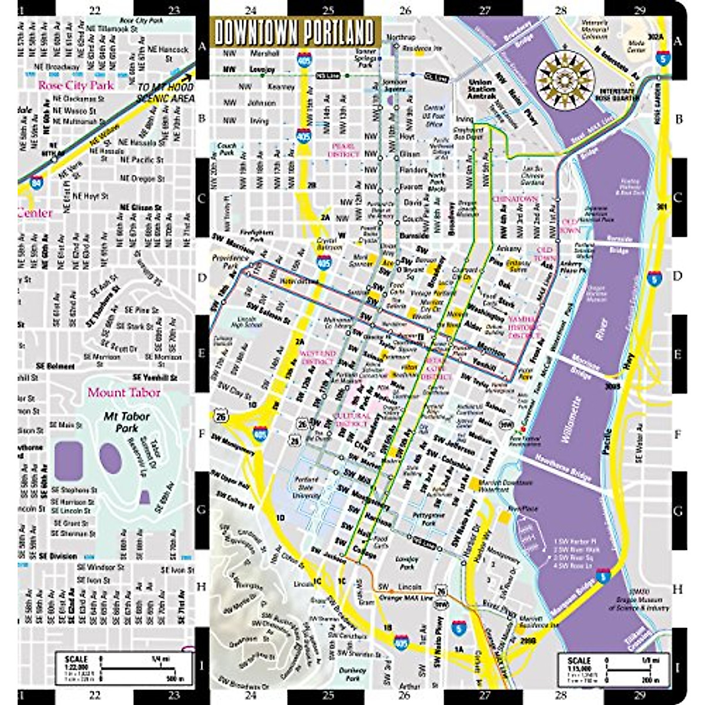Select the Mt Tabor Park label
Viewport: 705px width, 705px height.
click(127, 422)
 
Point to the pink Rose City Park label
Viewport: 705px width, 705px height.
click(76, 85)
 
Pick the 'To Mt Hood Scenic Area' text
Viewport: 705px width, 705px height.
click(165, 93)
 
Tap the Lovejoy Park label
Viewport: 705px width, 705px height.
click(407, 562)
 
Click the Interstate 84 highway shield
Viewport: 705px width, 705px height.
click(38, 179)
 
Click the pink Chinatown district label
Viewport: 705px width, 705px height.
click(515, 199)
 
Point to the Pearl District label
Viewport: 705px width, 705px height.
click(343, 150)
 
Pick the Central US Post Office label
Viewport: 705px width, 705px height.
click(434, 116)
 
